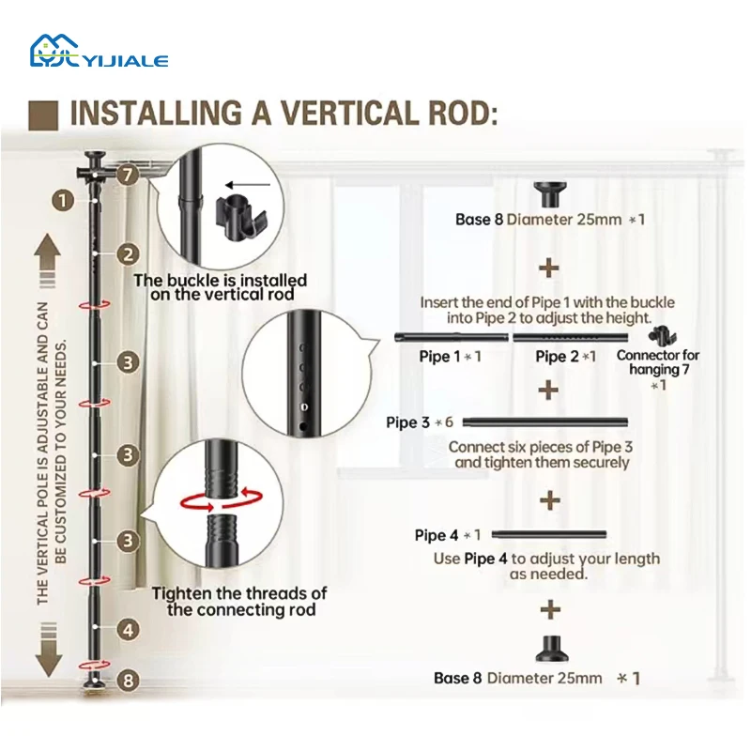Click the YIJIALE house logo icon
point(54,52)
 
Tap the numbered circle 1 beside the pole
point(63,199)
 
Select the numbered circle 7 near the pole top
point(129,175)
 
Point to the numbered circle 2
point(129,253)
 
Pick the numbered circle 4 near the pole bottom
point(129,630)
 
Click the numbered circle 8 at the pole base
point(129,681)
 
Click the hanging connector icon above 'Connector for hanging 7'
point(663,335)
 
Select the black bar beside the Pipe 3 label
point(544,421)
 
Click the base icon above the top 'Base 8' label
point(548,195)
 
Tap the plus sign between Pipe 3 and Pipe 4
point(549,499)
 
